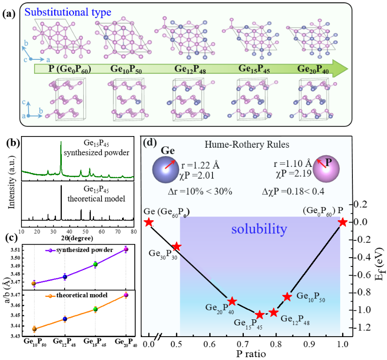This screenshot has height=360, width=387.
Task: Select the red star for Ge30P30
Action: tap(176, 246)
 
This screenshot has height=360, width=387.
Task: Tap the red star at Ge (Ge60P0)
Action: tap(148, 222)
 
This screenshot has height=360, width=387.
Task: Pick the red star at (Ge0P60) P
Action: tap(343, 222)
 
